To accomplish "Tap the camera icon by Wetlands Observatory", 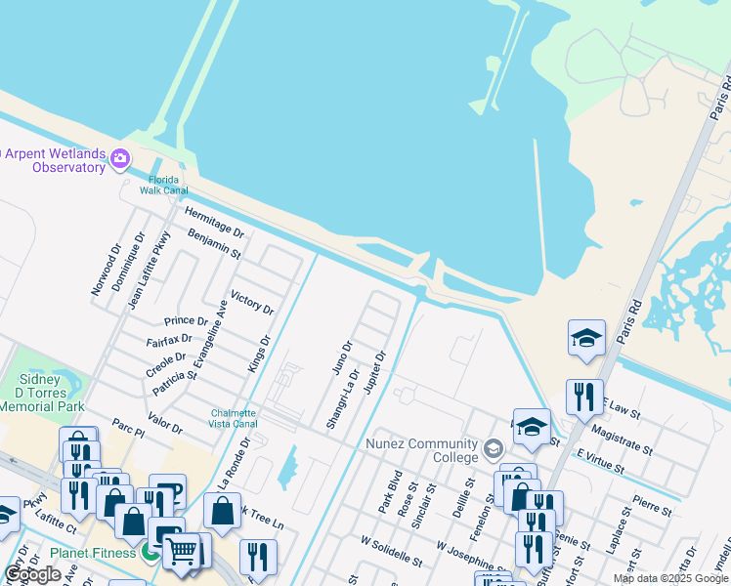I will click(120, 158).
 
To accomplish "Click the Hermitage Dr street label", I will click(214, 223).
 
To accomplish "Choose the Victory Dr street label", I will click(251, 302).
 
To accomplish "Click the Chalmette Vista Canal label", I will click(234, 418).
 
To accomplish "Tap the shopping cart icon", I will click(181, 551).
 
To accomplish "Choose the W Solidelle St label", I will click(391, 551).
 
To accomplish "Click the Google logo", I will click(32, 575).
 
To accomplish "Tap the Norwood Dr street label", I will click(104, 267).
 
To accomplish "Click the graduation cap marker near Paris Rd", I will click(586, 338).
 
